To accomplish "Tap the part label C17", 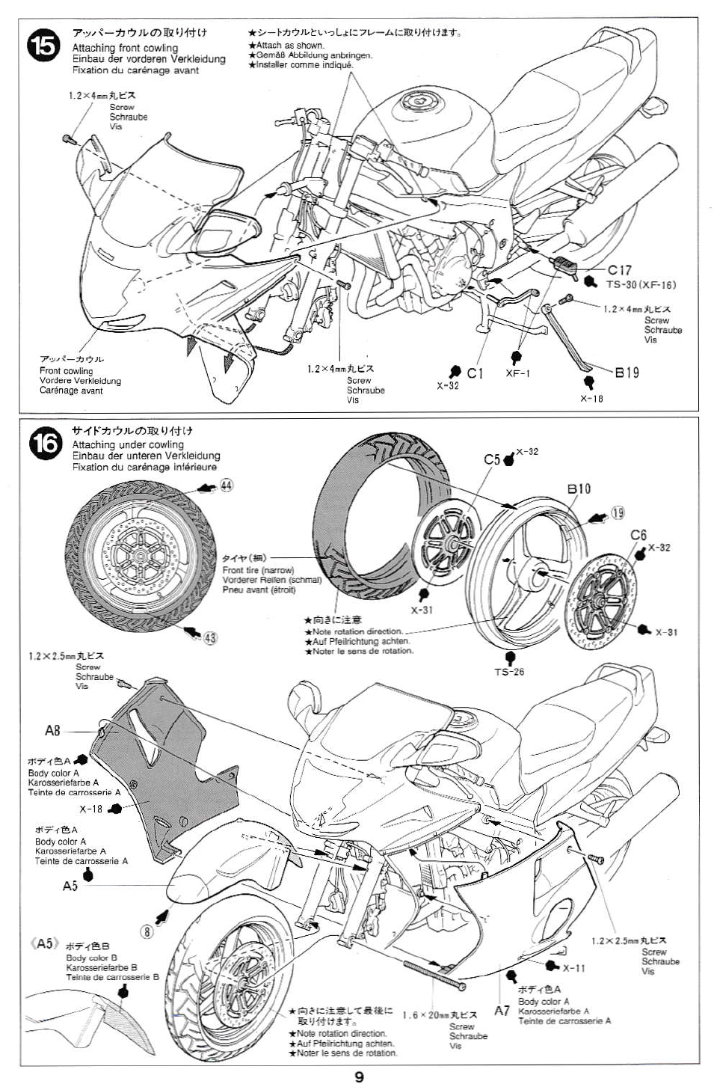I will pyautogui.click(x=619, y=271).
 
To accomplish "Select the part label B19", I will pyautogui.click(x=627, y=372).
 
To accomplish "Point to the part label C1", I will pyautogui.click(x=476, y=373).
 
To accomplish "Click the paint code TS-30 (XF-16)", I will pyautogui.click(x=641, y=284).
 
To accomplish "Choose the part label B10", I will pyautogui.click(x=579, y=489).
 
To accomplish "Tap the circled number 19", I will pyautogui.click(x=618, y=512).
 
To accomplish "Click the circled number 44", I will pyautogui.click(x=226, y=486).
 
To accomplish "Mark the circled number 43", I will pyautogui.click(x=210, y=637).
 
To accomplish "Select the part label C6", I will pyautogui.click(x=638, y=534).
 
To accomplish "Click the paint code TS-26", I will pyautogui.click(x=509, y=671).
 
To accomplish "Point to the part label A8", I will pyautogui.click(x=52, y=730).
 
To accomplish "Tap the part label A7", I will pyautogui.click(x=502, y=1011).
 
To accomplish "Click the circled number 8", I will pyautogui.click(x=147, y=931).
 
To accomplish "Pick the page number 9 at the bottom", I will pyautogui.click(x=359, y=1076).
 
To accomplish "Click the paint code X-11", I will pyautogui.click(x=574, y=968).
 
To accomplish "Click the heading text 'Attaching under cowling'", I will pyautogui.click(x=128, y=444).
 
